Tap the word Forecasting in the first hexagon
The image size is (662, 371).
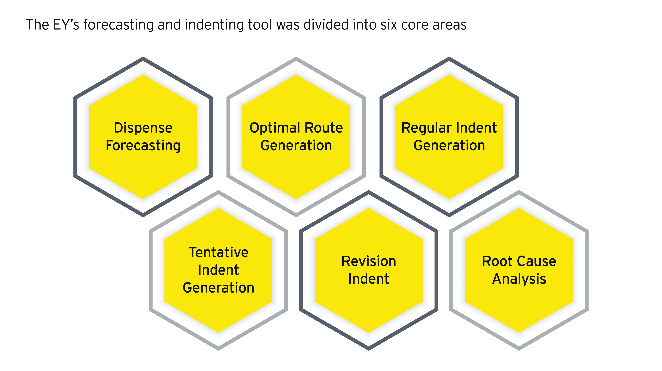pos(143,146)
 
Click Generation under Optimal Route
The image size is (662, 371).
pos(296,146)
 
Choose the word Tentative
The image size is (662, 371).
pos(218,252)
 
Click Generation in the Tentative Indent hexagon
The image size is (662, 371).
pos(218,288)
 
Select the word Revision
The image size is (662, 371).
pos(369,261)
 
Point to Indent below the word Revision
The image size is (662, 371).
pos(369,279)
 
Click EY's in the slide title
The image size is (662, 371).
pos(66,25)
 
